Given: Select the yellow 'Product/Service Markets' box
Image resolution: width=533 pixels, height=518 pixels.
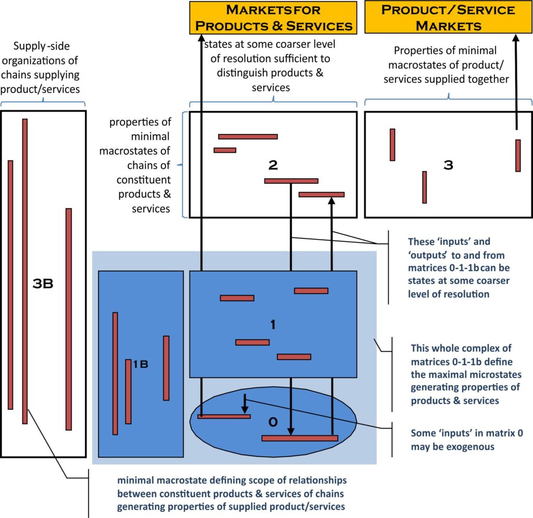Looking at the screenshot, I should point(448,17).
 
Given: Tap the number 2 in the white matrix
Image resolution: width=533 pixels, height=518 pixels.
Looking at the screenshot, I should point(273,165).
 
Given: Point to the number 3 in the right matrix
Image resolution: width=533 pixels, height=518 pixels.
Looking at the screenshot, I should point(448,165).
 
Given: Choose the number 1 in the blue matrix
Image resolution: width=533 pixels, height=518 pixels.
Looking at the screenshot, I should point(273,324).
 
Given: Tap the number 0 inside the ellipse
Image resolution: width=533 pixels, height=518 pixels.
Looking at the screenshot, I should point(272,422).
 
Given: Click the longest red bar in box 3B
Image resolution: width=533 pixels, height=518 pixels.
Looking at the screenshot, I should point(24,271).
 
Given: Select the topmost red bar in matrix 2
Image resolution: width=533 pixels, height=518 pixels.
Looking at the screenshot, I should point(248,137).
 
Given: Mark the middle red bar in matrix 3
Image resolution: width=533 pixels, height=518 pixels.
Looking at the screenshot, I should point(425,187).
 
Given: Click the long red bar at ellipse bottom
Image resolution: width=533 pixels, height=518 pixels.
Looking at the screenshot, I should point(300,438).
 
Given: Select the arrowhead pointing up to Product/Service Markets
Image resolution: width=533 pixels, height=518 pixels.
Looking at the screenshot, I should point(516,39).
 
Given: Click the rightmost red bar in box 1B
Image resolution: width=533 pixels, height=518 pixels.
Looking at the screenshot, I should point(166,368).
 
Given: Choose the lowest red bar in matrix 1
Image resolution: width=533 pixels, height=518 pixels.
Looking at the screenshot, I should point(294,357).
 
